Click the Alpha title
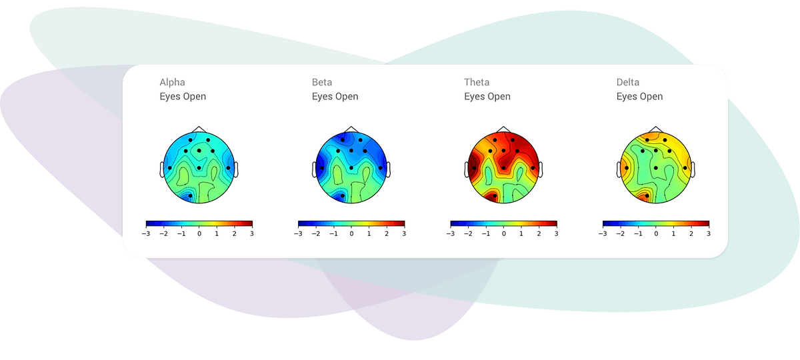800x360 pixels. [172, 83]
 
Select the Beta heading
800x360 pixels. [322, 83]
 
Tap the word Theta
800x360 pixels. [477, 83]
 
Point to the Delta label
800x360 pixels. [627, 83]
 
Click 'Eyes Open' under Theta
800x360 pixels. [487, 97]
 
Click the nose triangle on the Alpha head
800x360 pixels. [199, 129]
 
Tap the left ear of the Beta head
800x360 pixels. [314, 169]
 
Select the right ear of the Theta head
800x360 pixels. [541, 169]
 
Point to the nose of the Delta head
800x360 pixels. [656, 129]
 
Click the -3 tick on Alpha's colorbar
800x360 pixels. [146, 234]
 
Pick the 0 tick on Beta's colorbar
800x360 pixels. [351, 234]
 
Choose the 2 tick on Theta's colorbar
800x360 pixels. [539, 234]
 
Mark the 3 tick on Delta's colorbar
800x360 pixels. [709, 234]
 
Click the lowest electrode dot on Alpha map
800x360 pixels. [191, 196]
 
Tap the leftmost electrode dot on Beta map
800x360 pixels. [322, 168]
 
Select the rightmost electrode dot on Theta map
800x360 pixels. [533, 168]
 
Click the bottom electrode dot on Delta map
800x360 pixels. [647, 196]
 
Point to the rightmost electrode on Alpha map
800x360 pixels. [228, 168]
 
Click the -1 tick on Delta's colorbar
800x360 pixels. [638, 234]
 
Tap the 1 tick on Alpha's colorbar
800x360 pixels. [217, 234]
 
